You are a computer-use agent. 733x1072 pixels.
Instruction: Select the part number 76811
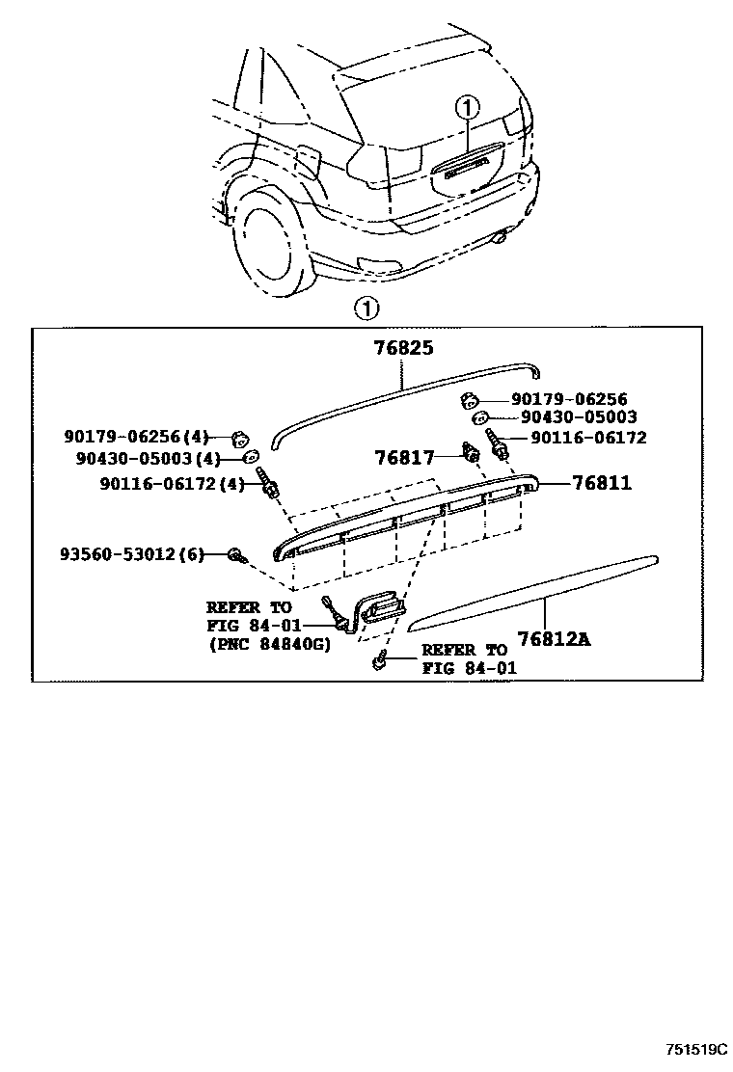click(x=601, y=482)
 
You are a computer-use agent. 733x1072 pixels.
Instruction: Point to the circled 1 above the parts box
click(x=366, y=309)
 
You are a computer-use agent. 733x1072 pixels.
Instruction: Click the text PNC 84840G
click(x=269, y=645)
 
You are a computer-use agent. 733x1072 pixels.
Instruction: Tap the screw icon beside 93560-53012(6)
click(x=235, y=554)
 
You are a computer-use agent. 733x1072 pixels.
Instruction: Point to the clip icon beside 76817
click(x=473, y=451)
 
